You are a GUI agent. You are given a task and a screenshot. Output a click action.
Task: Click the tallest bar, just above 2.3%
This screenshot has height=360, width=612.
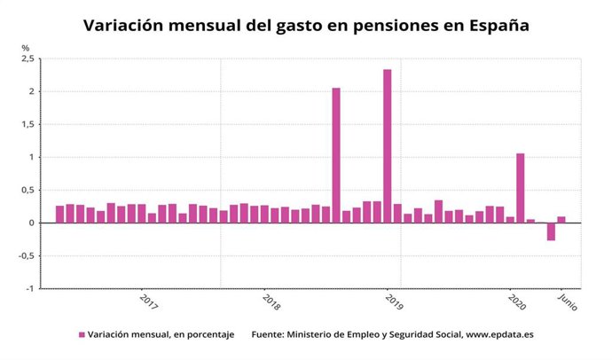(388, 146)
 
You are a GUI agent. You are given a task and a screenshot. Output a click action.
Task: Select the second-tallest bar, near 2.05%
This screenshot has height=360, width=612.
(336, 155)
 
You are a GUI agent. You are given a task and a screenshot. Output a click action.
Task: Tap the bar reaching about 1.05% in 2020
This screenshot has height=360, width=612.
(521, 188)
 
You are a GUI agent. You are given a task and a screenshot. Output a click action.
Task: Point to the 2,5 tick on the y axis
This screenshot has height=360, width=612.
(27, 59)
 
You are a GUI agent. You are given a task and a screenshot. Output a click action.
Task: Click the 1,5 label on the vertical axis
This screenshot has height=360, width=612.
(27, 124)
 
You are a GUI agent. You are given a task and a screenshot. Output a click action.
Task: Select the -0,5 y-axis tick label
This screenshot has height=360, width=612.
(25, 255)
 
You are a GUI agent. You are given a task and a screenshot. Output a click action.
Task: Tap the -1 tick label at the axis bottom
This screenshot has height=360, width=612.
(29, 288)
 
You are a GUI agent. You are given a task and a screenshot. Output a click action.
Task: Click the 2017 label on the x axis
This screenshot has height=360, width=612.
(149, 301)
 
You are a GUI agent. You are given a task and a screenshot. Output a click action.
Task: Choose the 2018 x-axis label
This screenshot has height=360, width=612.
(271, 301)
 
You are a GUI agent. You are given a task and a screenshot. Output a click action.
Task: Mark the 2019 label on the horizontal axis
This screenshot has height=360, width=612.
(394, 301)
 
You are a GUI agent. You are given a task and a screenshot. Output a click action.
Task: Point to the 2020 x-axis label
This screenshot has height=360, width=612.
(517, 301)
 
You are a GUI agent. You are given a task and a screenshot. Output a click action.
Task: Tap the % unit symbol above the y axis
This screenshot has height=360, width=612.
(26, 47)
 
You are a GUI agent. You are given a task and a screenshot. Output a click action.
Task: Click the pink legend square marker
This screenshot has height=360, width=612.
(82, 334)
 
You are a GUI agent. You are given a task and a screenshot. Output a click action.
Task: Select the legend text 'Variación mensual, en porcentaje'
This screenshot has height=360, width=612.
(161, 334)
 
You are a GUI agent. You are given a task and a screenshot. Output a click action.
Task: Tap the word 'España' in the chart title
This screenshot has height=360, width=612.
(500, 26)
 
